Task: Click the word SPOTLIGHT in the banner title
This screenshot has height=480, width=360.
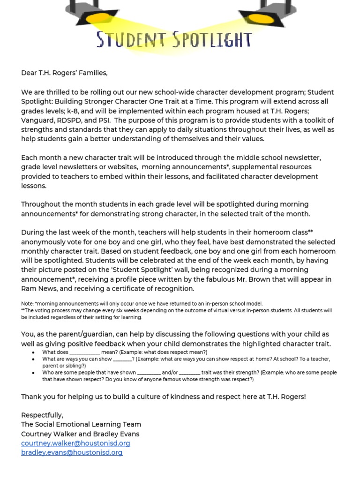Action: click(x=212, y=40)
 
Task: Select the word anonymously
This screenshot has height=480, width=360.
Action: click(x=44, y=242)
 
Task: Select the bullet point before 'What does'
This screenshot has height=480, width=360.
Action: click(x=32, y=352)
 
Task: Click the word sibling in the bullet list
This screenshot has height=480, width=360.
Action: click(x=73, y=365)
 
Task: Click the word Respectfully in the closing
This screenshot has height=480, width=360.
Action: click(x=42, y=415)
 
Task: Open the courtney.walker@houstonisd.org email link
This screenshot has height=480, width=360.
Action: click(x=75, y=443)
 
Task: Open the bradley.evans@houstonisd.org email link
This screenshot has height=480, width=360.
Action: click(x=72, y=452)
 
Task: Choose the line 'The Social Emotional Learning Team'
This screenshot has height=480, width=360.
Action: click(x=81, y=424)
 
